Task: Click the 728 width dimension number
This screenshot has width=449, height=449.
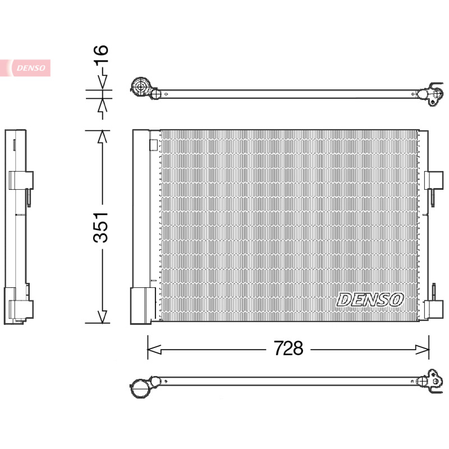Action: pos(288,348)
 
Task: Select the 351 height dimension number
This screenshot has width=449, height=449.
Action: pos(101,228)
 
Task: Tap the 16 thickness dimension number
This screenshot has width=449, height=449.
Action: pos(102,54)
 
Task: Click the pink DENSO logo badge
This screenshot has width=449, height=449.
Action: pos(25,68)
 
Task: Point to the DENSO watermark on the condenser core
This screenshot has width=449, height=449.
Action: pos(370,300)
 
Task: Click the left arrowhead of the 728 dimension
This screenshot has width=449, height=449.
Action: pos(154,350)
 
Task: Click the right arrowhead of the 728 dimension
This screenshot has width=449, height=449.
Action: pos(423,350)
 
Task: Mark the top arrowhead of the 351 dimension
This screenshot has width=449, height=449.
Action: pos(102,136)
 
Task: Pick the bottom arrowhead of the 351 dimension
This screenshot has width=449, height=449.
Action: pos(102,317)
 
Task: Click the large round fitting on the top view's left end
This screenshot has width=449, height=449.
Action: pos(141,86)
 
